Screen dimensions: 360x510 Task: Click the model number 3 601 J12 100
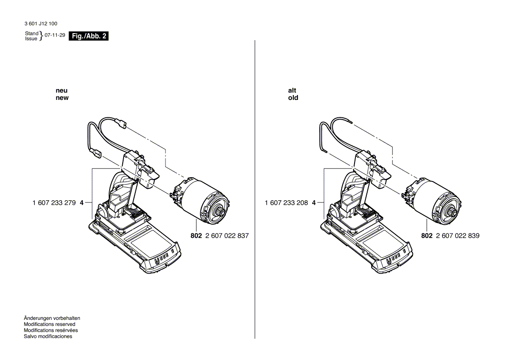click(41, 24)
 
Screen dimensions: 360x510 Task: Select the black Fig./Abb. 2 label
click(89, 37)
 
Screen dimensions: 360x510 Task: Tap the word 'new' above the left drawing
click(62, 98)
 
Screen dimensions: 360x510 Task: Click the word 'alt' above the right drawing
click(292, 90)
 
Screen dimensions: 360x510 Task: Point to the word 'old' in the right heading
click(293, 98)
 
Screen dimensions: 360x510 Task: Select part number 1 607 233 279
click(54, 203)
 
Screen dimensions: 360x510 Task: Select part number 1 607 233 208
click(286, 203)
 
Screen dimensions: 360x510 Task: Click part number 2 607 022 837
click(227, 236)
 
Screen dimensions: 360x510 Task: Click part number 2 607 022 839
click(457, 236)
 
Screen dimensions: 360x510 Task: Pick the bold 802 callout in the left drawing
click(196, 236)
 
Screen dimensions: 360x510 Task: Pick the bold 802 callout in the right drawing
click(427, 236)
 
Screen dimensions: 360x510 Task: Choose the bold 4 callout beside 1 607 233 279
click(82, 203)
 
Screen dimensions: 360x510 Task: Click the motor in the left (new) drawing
click(203, 199)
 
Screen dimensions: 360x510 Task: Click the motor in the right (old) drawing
click(434, 199)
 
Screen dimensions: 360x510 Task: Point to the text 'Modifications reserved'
click(49, 324)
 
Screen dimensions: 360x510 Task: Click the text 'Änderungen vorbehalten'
click(52, 318)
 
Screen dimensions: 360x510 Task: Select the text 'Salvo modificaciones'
click(48, 336)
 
